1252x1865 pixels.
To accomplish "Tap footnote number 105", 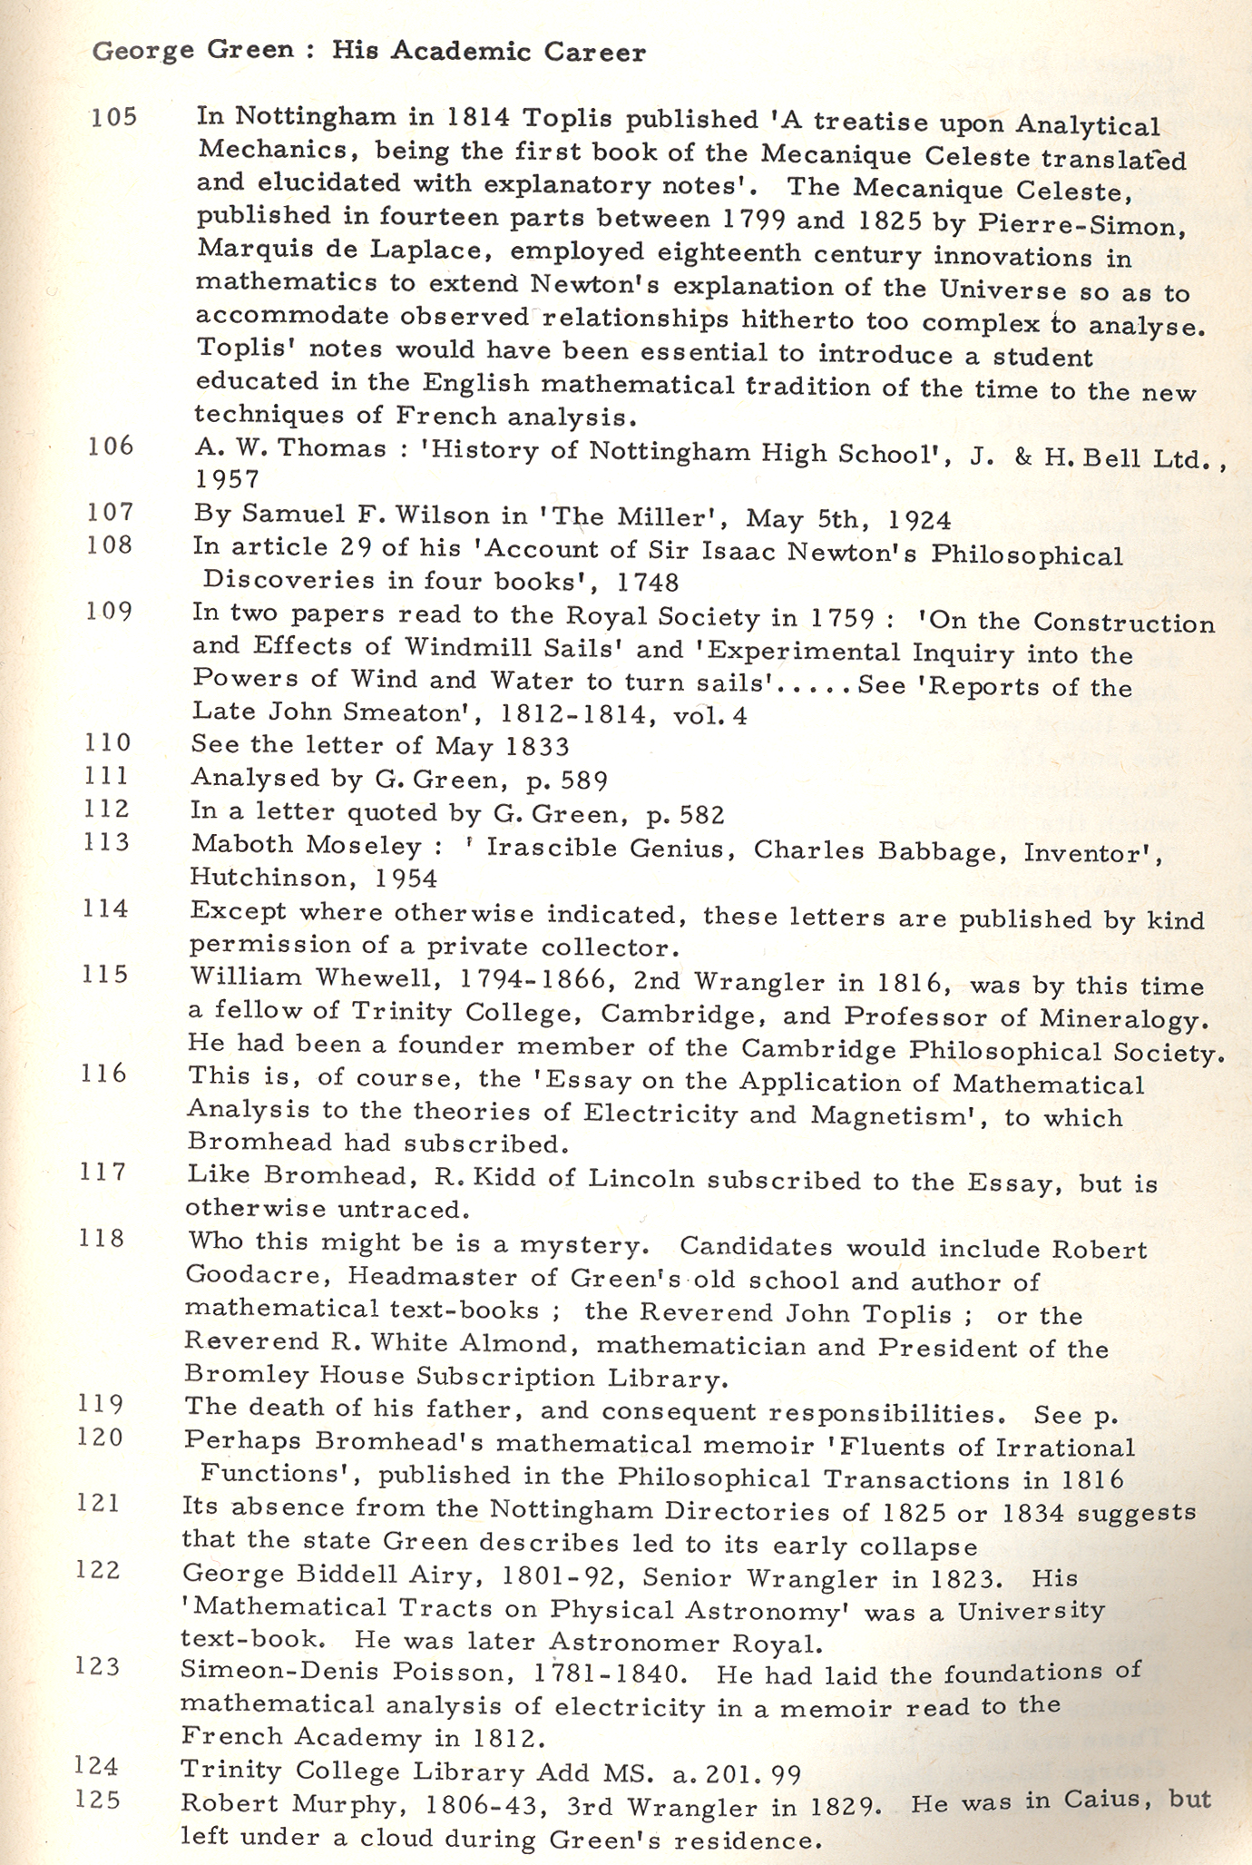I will pos(113,117).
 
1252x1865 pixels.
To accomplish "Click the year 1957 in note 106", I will pos(226,478).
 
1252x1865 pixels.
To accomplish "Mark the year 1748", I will pos(647,581).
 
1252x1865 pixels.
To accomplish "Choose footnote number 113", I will pos(107,842).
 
